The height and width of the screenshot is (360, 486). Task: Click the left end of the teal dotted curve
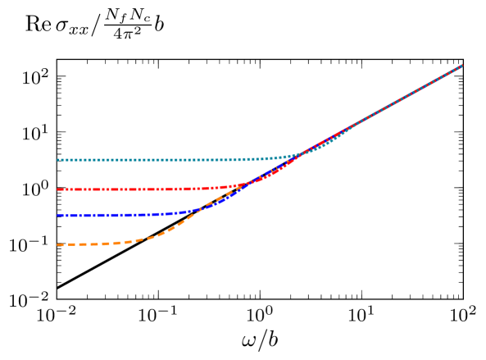(x=57, y=160)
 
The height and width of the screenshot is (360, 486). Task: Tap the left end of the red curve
(x=57, y=189)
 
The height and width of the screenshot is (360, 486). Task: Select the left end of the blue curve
(x=57, y=216)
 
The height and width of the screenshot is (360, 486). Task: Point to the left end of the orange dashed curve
(x=57, y=244)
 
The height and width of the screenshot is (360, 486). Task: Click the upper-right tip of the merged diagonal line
(x=462, y=65)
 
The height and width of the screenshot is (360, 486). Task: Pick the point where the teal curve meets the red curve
(x=302, y=153)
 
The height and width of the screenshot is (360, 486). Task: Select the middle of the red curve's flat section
(x=123, y=189)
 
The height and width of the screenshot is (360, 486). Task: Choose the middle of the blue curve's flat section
(x=107, y=215)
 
